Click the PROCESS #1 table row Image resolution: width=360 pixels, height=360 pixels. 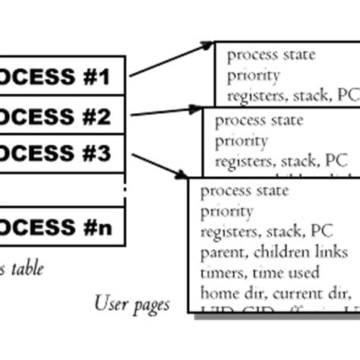(x=61, y=76)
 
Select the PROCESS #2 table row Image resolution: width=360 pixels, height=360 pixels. (x=61, y=116)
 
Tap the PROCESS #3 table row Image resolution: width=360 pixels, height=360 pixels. (x=61, y=155)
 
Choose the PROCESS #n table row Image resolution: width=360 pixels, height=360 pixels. (x=61, y=226)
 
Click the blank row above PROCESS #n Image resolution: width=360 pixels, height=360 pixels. (x=61, y=190)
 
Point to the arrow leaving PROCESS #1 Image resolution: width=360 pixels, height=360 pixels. (x=171, y=60)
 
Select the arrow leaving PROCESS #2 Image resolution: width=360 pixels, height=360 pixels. (x=167, y=112)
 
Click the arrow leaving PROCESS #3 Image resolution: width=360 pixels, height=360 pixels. (x=160, y=167)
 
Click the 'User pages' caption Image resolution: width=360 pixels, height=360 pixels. (x=131, y=305)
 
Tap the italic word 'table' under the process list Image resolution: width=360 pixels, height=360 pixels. (x=27, y=268)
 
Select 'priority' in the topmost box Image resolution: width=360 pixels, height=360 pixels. (x=254, y=75)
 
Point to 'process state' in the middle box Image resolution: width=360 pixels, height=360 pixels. (x=259, y=121)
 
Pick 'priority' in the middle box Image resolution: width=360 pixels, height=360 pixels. (x=242, y=141)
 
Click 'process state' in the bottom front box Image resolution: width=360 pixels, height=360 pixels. (x=244, y=191)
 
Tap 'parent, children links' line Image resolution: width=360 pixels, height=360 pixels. (x=273, y=251)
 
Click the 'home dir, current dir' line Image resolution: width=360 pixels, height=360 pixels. (x=273, y=292)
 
